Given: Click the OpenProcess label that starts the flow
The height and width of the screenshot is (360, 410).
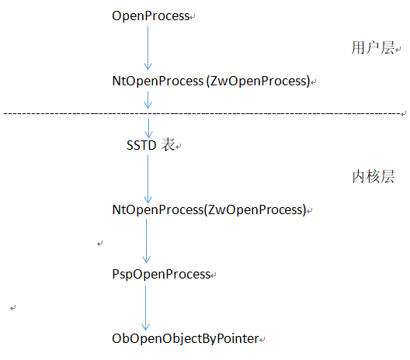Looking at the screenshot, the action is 151,16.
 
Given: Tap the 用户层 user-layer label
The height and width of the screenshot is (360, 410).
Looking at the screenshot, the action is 373,47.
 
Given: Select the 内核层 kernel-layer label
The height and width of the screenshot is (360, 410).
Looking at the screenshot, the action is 374,177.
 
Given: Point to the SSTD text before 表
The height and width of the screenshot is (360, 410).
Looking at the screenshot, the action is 141,145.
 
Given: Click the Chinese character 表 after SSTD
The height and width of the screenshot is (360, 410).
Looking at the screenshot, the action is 168,145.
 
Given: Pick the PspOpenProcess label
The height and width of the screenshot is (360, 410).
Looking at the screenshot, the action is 162,275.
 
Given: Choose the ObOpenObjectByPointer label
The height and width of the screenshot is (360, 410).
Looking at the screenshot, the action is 186,339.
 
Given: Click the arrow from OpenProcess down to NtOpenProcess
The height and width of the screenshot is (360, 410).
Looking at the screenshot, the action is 148,48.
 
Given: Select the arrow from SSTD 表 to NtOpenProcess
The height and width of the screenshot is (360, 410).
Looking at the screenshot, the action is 148,179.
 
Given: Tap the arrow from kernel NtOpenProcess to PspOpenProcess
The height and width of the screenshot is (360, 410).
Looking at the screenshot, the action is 147,241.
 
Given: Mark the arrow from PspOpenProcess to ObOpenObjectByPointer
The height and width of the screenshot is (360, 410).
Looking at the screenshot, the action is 146,308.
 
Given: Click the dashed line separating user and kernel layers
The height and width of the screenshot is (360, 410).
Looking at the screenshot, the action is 202,113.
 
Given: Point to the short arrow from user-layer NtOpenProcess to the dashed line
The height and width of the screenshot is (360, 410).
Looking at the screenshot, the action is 148,100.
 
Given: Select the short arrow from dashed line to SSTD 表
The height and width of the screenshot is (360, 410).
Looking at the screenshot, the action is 148,128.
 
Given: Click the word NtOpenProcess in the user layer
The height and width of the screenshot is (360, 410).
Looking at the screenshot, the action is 158,81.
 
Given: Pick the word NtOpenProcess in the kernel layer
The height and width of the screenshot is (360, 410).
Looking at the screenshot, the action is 158,209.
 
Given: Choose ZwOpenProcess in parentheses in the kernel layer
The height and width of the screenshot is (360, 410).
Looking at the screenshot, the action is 255,209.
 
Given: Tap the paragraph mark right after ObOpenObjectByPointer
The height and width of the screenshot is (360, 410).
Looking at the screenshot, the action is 262,340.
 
